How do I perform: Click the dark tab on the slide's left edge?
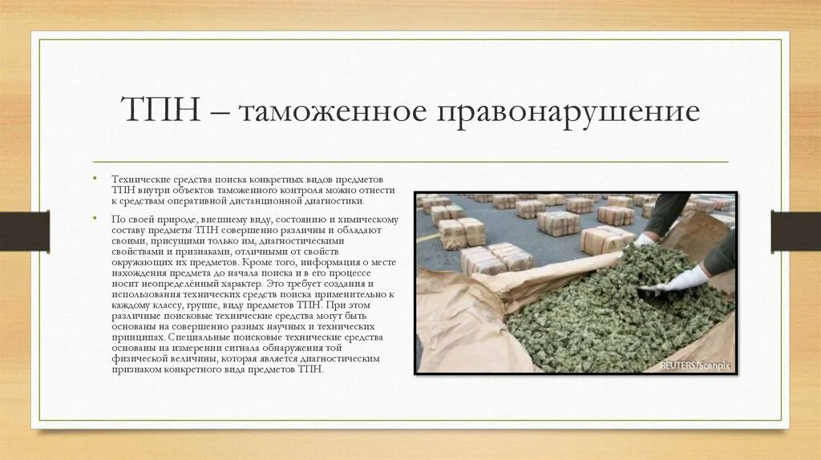pos(24,230)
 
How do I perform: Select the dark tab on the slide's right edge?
pos(795,230)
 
